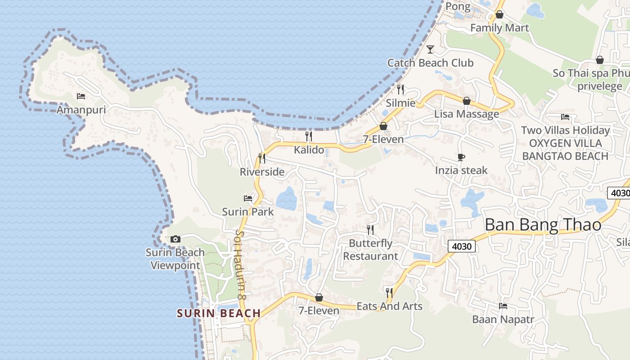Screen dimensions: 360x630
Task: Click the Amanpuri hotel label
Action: (x=81, y=110)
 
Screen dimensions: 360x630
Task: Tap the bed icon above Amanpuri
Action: (x=81, y=96)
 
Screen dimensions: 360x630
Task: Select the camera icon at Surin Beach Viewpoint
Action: (x=175, y=239)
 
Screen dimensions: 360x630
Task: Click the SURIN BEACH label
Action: (x=219, y=313)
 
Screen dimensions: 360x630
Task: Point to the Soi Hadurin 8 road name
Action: (x=240, y=265)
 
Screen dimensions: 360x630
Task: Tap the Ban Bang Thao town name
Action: (x=543, y=225)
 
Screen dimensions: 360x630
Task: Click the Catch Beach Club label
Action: (x=430, y=63)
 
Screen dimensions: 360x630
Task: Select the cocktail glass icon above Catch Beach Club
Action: (x=430, y=49)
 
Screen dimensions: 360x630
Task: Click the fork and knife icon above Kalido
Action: (x=309, y=136)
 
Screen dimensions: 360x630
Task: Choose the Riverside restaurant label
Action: (x=262, y=172)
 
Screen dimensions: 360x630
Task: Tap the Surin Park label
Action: (x=248, y=211)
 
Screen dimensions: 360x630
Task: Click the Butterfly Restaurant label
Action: (x=371, y=250)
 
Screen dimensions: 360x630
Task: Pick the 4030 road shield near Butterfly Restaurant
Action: (x=462, y=246)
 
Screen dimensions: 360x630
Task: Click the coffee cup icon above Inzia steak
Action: (x=461, y=157)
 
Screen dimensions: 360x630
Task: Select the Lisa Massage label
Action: (x=467, y=114)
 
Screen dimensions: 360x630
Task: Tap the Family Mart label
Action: (x=499, y=28)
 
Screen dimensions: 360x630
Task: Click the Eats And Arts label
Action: (x=389, y=306)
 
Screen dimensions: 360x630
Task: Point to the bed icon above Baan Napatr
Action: (x=503, y=306)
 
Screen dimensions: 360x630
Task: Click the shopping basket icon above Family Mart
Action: (x=499, y=14)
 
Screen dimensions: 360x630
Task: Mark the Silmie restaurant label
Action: (x=400, y=103)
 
